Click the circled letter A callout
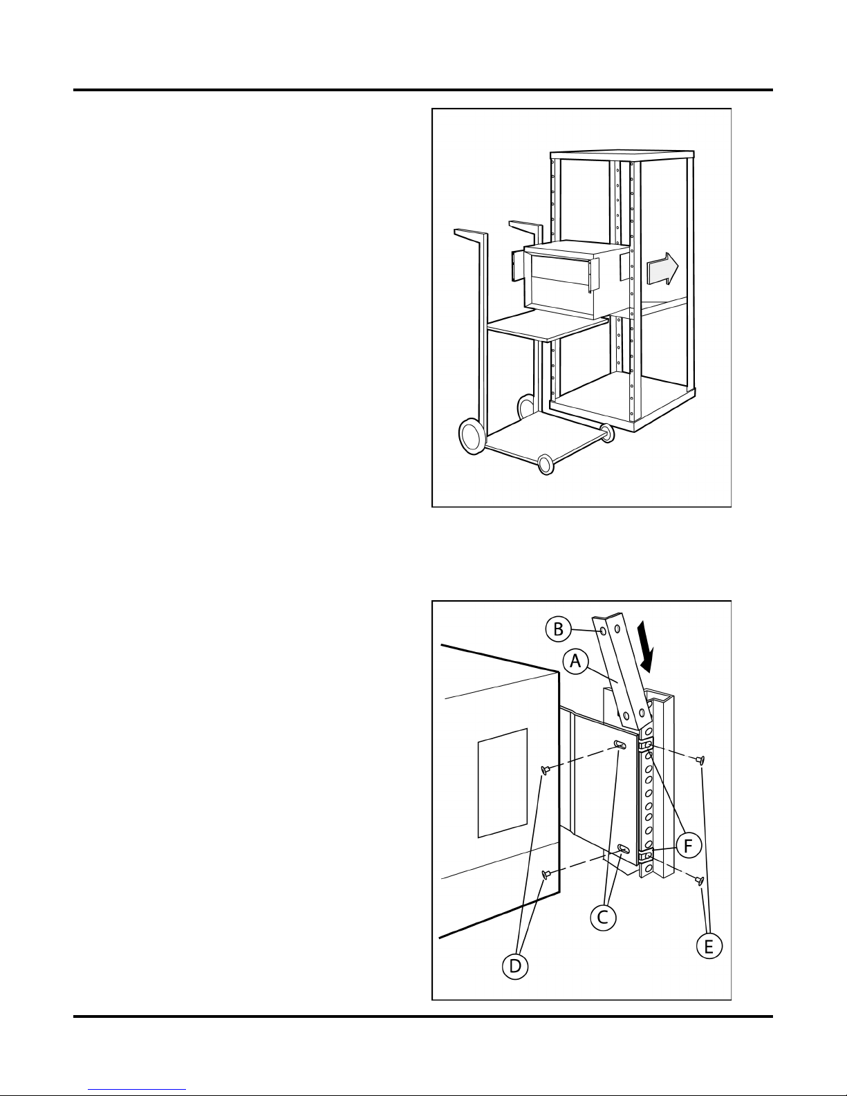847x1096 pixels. (575, 661)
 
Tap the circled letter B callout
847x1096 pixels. (558, 629)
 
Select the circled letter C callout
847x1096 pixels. (603, 917)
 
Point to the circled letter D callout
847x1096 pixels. (514, 966)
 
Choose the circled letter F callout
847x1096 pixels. (689, 845)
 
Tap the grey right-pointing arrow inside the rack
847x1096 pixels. (663, 269)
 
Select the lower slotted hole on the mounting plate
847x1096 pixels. (624, 849)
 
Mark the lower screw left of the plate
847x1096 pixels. (545, 873)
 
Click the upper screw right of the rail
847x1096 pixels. (700, 759)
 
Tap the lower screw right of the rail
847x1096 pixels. (699, 881)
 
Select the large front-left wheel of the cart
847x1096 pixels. (472, 436)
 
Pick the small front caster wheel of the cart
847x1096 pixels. (546, 463)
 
